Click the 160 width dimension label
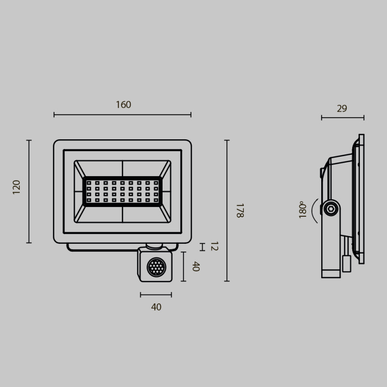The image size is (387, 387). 123,104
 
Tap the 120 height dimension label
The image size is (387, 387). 17,187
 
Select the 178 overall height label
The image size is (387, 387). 239,210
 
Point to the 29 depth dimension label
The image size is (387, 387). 342,108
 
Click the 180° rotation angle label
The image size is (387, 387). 303,210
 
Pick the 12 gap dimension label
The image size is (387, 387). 214,247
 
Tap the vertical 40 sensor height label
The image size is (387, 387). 196,267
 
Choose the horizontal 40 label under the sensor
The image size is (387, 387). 156,307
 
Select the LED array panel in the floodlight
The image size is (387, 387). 123,191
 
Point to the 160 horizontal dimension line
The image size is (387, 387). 122,115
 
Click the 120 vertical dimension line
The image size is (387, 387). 29,191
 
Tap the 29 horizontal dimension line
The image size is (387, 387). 342,117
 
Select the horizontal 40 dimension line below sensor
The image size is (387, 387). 156,295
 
